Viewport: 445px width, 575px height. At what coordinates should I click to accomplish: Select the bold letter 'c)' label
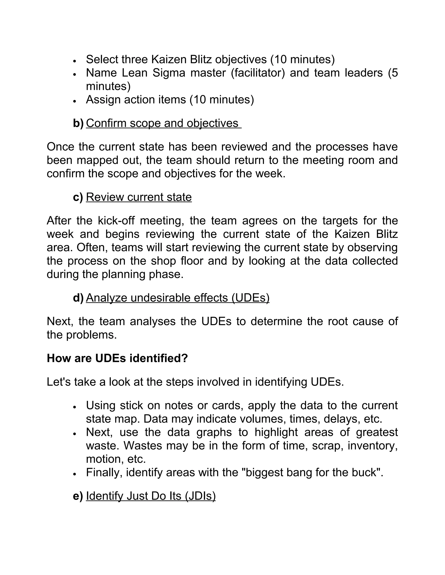pos(78,197)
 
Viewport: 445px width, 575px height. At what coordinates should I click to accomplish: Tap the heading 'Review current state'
pos(139,197)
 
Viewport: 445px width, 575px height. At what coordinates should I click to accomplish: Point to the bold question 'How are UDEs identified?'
pos(117,358)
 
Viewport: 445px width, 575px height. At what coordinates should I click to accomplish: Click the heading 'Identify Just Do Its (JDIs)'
pos(151,496)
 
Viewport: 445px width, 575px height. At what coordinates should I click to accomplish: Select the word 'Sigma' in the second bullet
pos(169,73)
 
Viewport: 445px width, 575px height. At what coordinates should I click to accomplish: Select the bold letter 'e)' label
pos(78,496)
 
